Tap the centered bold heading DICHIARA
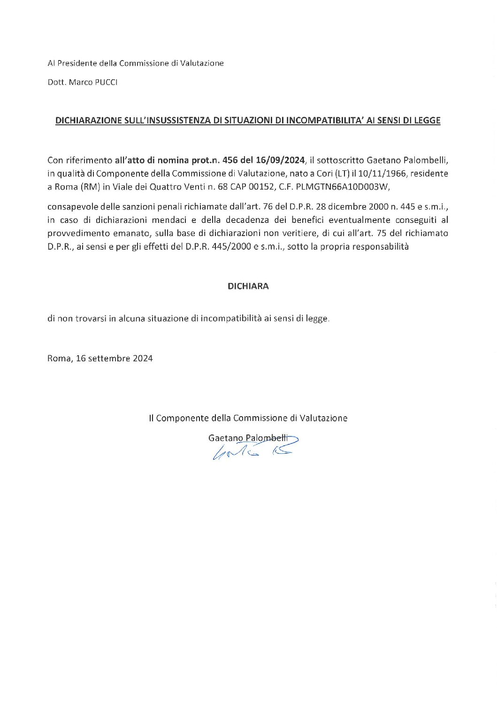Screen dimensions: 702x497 pos(248,286)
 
